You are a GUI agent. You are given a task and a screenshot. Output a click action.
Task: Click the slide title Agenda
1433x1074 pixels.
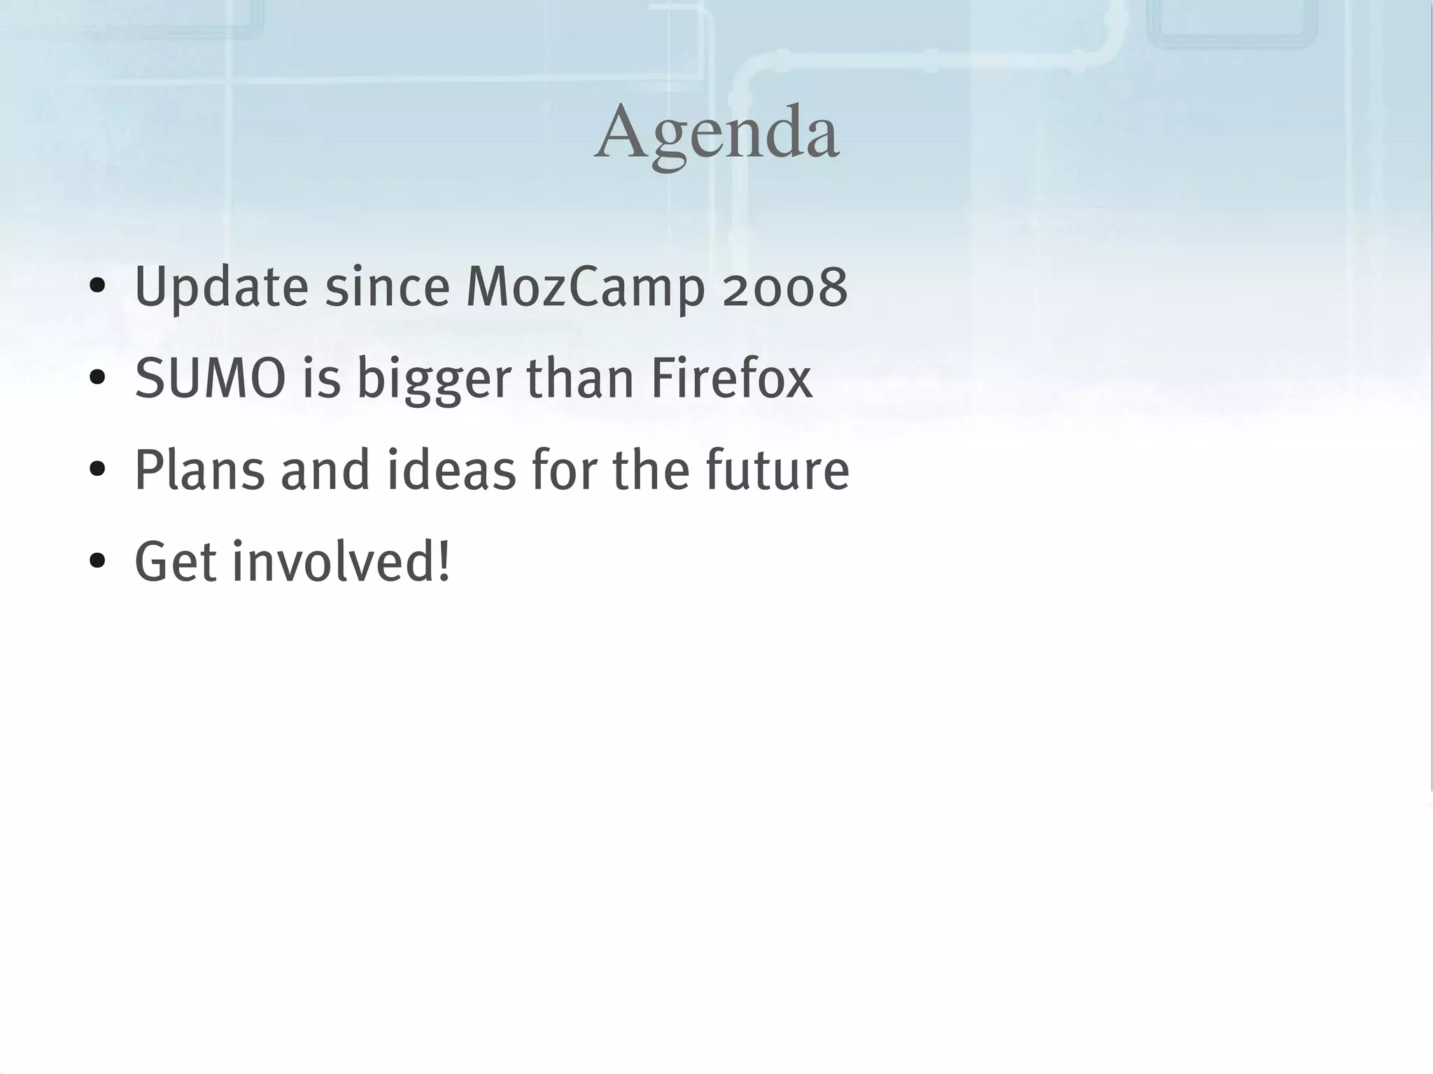click(716, 133)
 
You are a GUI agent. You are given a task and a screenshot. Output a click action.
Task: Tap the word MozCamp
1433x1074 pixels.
click(585, 287)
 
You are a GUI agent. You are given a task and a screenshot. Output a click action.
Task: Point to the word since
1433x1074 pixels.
click(387, 287)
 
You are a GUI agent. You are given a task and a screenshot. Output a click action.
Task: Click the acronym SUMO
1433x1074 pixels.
click(210, 379)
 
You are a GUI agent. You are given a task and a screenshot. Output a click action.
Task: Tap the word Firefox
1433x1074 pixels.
click(731, 379)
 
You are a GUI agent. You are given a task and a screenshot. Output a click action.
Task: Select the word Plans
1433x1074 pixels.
click(199, 470)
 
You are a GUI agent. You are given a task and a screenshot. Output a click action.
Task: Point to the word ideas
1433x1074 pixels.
click(451, 470)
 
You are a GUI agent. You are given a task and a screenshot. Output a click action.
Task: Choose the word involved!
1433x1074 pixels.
click(341, 562)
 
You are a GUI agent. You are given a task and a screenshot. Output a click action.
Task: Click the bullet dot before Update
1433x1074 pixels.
click(97, 287)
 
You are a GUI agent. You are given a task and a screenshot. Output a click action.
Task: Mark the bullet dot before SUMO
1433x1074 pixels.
click(97, 379)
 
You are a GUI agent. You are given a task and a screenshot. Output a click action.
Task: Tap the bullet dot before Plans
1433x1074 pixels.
click(97, 470)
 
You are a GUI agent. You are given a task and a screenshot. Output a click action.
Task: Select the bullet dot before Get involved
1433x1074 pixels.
click(97, 562)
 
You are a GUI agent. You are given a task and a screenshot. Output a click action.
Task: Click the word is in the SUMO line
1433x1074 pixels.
click(321, 379)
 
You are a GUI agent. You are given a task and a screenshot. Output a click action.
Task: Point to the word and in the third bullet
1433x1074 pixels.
click(325, 470)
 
